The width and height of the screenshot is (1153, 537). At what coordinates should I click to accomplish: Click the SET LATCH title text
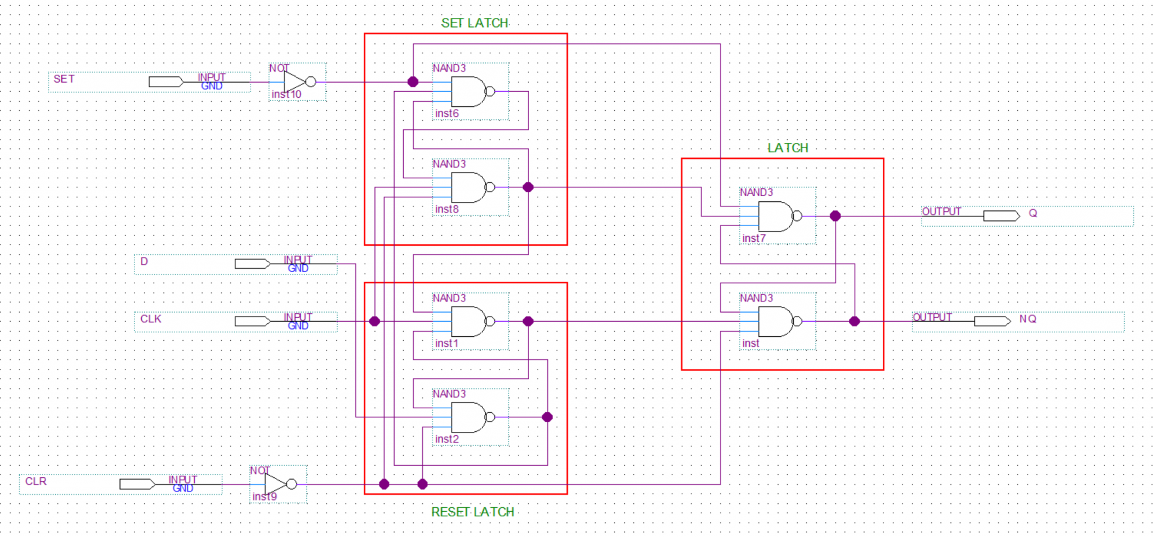(475, 23)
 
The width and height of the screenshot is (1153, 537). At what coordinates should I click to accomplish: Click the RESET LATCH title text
(472, 512)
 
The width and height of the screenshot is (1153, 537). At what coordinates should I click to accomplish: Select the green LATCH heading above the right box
(788, 148)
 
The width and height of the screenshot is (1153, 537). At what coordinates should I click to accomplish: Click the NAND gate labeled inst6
(468, 92)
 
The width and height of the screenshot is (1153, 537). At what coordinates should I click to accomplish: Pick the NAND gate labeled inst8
(468, 187)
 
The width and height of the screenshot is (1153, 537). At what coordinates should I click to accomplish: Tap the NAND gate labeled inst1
(468, 321)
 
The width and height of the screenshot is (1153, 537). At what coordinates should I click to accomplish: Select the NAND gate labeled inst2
(468, 417)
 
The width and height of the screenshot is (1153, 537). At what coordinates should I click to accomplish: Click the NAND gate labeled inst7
(776, 216)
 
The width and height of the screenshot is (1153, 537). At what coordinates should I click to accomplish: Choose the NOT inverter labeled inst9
(276, 484)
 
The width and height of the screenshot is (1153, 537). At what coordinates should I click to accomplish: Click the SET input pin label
(64, 79)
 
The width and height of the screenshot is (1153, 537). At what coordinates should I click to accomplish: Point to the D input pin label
(144, 261)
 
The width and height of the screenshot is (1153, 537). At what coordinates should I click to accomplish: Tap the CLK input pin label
(150, 319)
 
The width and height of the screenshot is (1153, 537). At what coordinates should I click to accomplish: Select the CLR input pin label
(35, 481)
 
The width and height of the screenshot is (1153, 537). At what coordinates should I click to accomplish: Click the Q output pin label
(1033, 214)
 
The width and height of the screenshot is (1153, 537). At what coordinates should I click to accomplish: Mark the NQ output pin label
(1027, 319)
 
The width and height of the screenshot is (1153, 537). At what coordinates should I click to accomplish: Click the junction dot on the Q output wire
(835, 216)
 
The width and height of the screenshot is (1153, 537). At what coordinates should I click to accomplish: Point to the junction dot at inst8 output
(528, 187)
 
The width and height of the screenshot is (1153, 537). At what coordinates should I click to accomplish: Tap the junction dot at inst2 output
(547, 417)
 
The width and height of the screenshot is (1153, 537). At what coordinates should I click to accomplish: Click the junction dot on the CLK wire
(374, 321)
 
